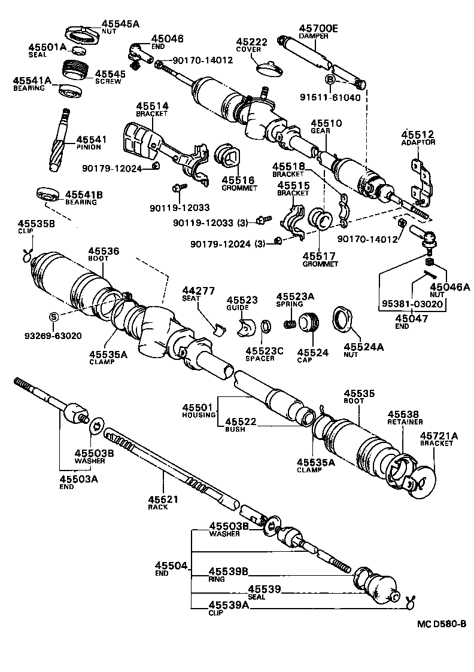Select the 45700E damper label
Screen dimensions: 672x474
coord(318,28)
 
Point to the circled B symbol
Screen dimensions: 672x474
coord(330,79)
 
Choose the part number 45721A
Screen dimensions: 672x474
coord(438,435)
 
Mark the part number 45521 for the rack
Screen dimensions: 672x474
coord(160,499)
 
